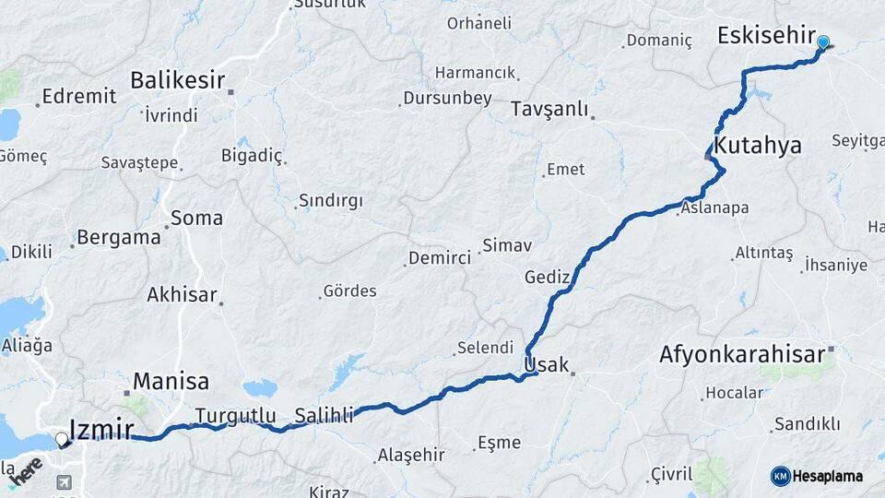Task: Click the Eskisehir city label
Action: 764,36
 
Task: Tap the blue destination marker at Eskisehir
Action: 823,41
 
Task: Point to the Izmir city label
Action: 102,429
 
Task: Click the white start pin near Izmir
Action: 62,440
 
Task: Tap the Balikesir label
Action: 177,80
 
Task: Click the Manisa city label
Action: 171,380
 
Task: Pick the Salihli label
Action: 324,417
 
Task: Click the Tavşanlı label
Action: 549,109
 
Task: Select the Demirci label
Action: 440,258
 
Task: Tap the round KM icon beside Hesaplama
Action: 780,476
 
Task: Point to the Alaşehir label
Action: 411,456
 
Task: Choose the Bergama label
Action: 118,237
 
